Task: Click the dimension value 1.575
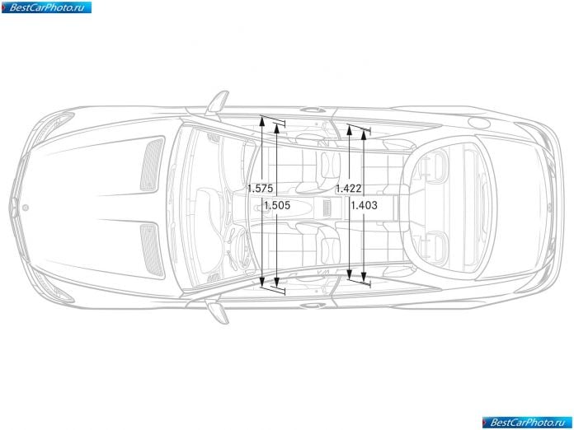click(261, 189)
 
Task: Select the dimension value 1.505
click(277, 205)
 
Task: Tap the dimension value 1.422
click(349, 189)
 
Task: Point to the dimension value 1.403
click(364, 205)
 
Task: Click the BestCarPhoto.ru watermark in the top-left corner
click(46, 7)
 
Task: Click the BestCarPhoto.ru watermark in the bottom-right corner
click(527, 423)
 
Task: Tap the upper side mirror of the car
click(218, 102)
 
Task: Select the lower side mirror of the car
click(219, 311)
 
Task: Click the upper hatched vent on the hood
click(152, 164)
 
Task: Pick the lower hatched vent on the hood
click(152, 250)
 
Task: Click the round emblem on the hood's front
click(26, 208)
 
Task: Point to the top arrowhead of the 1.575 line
click(262, 120)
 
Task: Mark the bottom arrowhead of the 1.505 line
click(277, 282)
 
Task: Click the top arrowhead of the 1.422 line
click(349, 130)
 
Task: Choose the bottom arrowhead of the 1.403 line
click(364, 277)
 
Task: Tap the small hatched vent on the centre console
click(327, 208)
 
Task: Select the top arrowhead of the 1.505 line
click(277, 128)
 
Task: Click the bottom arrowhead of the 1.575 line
click(262, 282)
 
